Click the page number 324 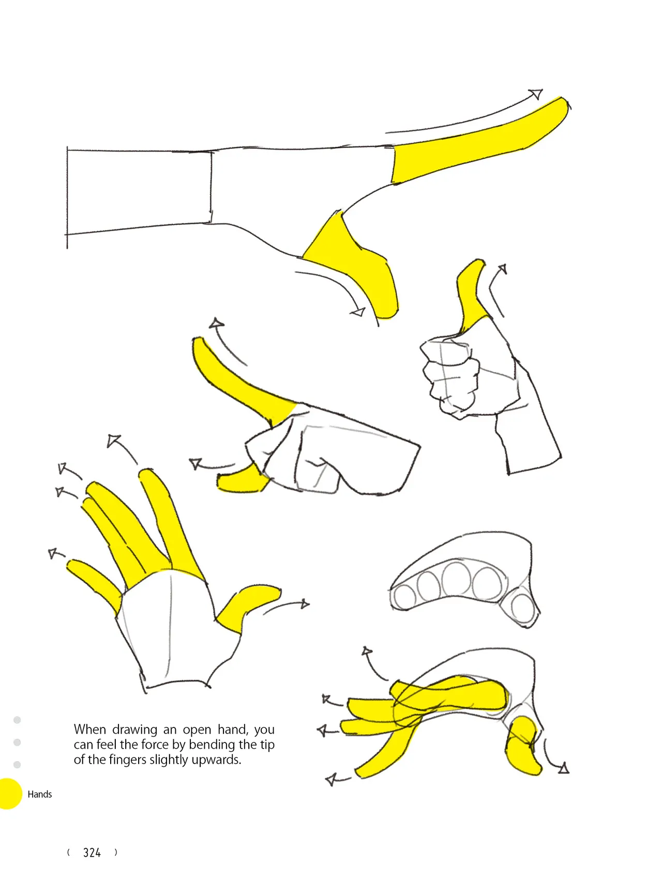(92, 853)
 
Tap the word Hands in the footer (40, 794)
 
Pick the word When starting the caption (90, 730)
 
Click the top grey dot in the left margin (17, 720)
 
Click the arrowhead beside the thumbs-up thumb (502, 269)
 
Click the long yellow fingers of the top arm (478, 140)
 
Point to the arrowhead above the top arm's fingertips (536, 94)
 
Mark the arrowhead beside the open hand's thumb (305, 603)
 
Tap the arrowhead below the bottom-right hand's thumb (564, 768)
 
